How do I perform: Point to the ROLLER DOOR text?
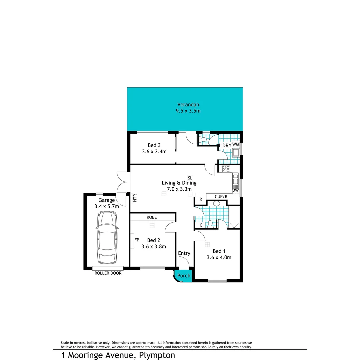coord(108,273)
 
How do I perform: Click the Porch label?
coord(184,276)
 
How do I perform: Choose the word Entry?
coord(184,253)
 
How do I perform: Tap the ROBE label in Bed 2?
coord(152,217)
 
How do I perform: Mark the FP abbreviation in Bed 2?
coord(136,240)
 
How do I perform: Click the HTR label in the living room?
coord(135,198)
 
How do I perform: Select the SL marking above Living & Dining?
coord(190,177)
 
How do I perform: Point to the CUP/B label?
coord(221,196)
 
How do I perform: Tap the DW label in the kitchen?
coord(236,190)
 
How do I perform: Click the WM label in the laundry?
coord(235,144)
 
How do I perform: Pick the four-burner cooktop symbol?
coord(226,169)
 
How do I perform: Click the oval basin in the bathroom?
coord(216,203)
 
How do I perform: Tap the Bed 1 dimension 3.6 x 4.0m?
coord(219,257)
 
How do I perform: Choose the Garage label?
coord(107,200)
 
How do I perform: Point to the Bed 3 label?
coord(154,145)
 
